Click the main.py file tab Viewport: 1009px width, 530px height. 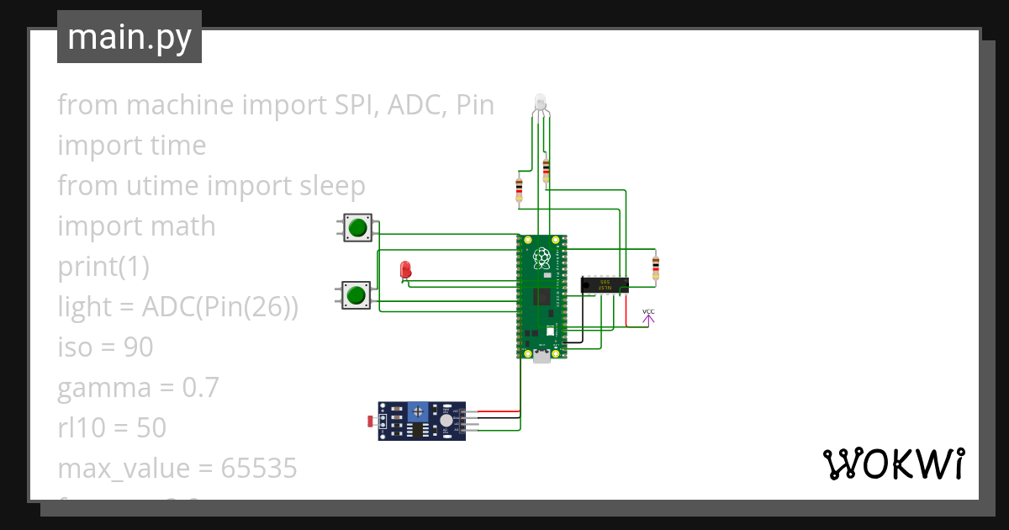[129, 37]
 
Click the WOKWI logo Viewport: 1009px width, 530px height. [892, 464]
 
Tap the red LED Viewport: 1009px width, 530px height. [406, 270]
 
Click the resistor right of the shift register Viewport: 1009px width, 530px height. [656, 268]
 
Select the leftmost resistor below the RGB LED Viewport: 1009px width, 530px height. [519, 190]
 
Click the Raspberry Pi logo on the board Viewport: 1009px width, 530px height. [542, 256]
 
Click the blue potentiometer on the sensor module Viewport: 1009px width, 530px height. [417, 411]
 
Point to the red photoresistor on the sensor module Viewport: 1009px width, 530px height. [373, 419]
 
